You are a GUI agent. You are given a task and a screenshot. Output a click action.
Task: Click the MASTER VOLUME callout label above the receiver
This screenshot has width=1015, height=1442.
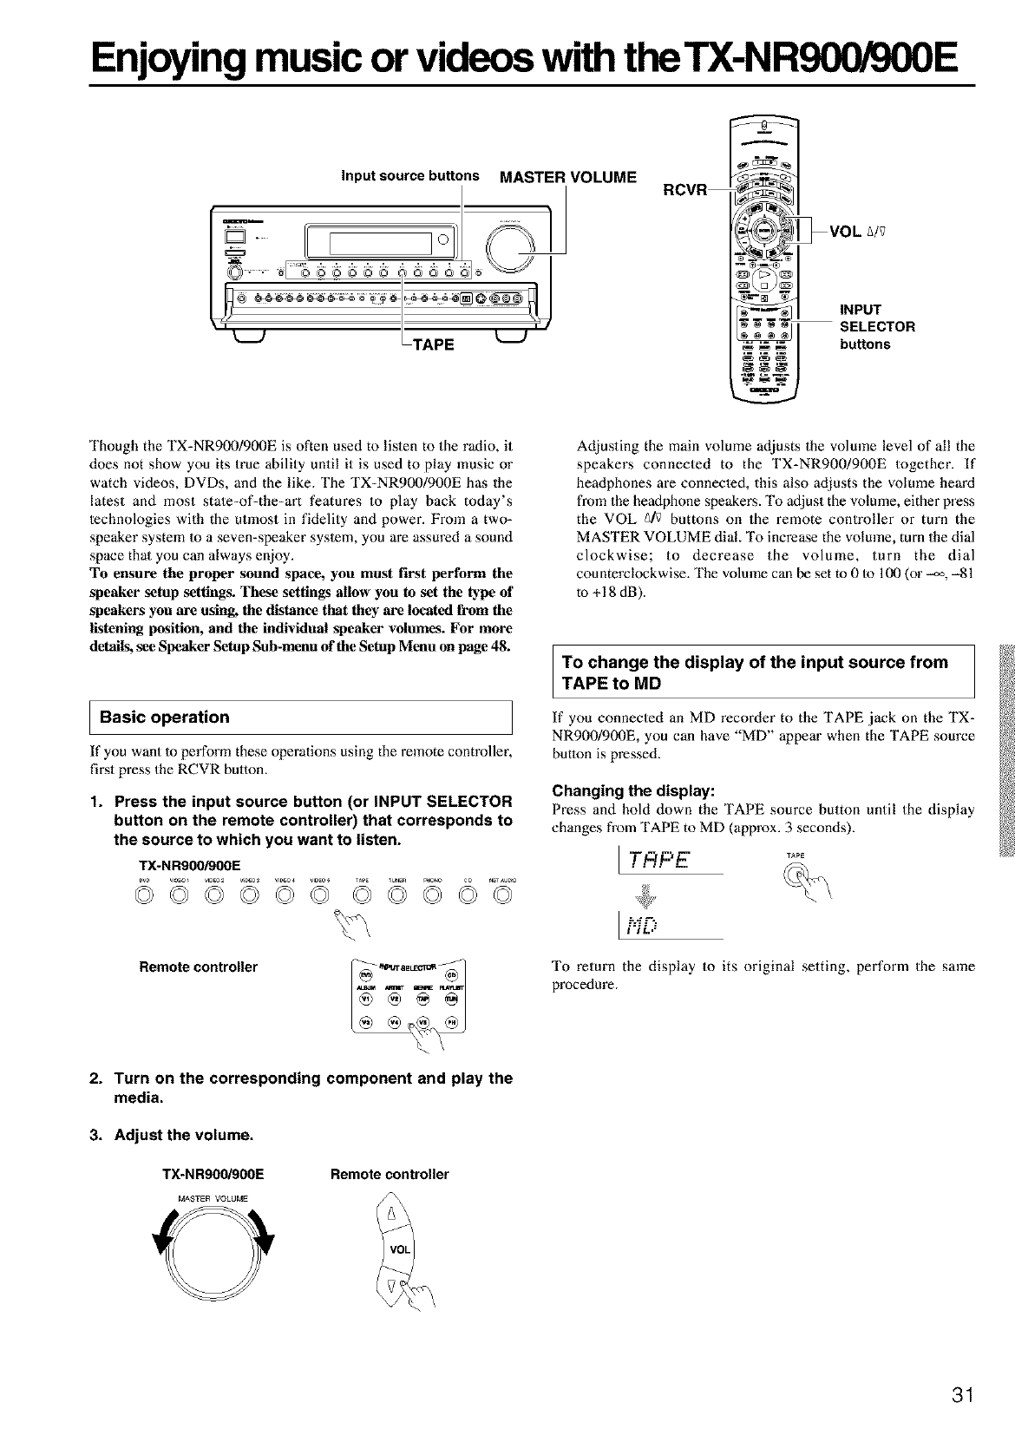567,178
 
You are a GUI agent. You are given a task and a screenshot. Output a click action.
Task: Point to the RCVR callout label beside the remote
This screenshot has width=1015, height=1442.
684,189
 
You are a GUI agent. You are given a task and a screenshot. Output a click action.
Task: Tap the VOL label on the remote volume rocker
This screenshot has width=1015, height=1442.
399,1250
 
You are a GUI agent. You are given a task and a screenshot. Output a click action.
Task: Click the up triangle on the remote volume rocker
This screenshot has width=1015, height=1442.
391,1214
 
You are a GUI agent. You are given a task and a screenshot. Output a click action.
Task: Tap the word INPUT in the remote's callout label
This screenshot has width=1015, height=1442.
860,310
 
